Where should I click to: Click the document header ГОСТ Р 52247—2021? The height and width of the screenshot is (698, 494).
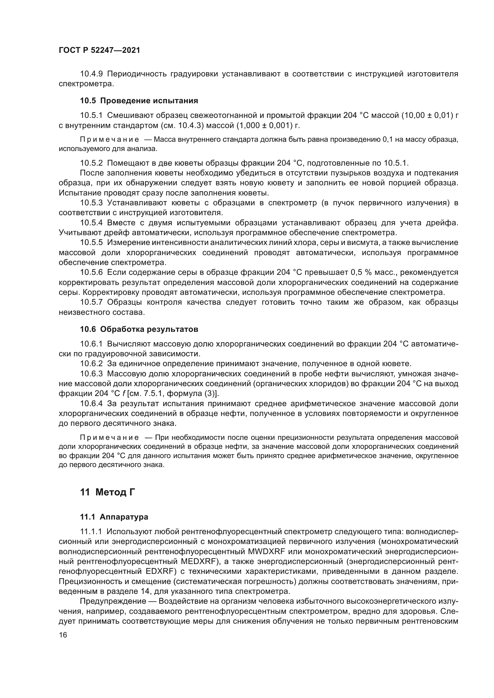tap(99, 50)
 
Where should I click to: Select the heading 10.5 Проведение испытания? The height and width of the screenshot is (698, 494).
tap(139, 101)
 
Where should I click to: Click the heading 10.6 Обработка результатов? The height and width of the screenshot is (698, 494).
tap(139, 329)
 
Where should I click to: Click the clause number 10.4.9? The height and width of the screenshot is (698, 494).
tap(91, 74)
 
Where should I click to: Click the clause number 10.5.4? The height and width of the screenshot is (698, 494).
tap(91, 223)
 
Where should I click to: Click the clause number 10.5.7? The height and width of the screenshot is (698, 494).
tap(91, 302)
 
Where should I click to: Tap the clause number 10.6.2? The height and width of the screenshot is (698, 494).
tap(91, 363)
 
